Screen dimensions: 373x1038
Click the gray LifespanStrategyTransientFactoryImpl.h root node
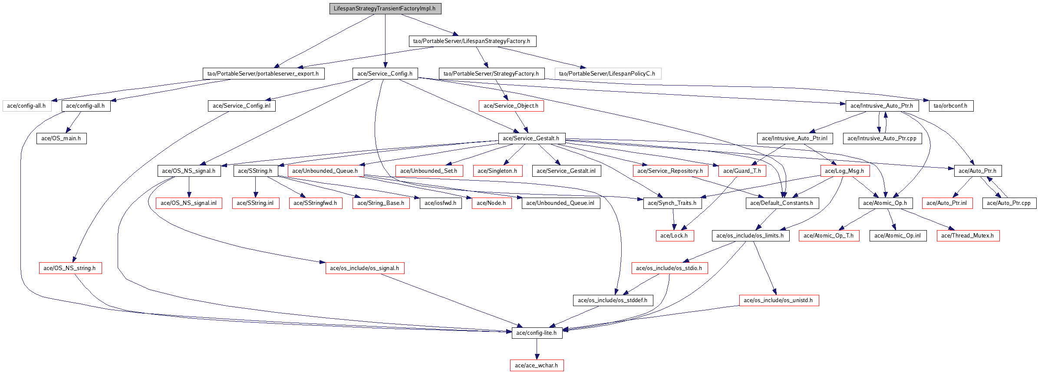(x=385, y=9)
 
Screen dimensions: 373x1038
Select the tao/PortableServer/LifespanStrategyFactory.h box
(x=472, y=41)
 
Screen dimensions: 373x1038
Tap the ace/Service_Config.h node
(x=385, y=73)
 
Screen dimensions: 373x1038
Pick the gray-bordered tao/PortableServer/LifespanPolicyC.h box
(x=607, y=73)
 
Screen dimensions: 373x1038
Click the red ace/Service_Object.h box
(x=511, y=106)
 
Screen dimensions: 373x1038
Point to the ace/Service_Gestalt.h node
(x=531, y=139)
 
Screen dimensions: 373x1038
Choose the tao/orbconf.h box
(x=950, y=106)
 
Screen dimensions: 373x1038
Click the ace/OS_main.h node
(x=61, y=139)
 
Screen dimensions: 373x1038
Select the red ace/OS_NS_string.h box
(x=70, y=268)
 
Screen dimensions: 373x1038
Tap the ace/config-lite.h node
(x=537, y=333)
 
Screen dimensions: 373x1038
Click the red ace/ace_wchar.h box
(x=537, y=366)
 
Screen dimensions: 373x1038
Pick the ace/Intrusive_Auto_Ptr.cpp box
(x=882, y=139)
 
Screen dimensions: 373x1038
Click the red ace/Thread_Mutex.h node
(x=968, y=236)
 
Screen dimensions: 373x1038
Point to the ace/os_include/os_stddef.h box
(x=613, y=300)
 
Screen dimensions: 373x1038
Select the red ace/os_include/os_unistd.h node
(x=778, y=300)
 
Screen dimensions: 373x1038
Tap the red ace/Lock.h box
(x=674, y=236)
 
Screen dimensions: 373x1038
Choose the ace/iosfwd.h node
(x=440, y=203)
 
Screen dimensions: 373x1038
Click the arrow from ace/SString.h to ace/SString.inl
(x=255, y=187)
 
